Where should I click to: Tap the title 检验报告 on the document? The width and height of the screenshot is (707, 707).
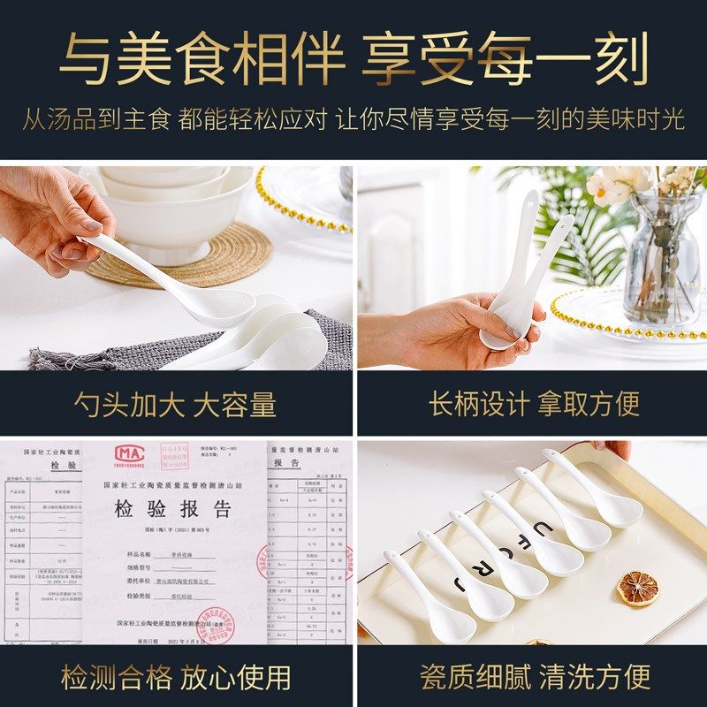172,509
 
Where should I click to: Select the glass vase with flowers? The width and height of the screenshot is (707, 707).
661,256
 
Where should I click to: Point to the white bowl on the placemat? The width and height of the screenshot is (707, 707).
159,212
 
